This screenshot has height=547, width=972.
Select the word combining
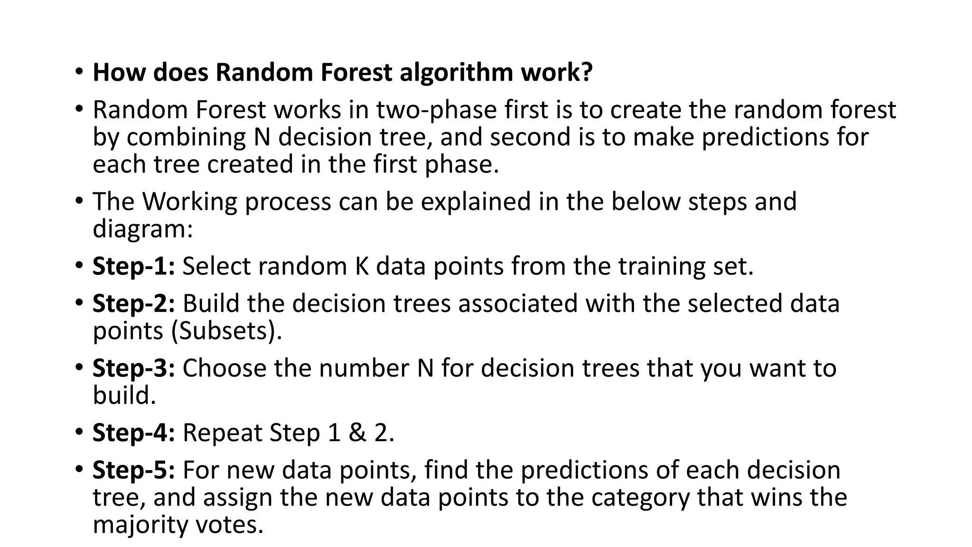[x=186, y=137]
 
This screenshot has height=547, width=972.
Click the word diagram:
[x=143, y=229]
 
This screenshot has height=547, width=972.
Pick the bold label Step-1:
[x=134, y=266]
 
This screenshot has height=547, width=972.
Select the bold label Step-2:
[x=134, y=303]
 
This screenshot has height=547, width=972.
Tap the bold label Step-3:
[x=134, y=368]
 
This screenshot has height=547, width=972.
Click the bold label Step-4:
[x=134, y=433]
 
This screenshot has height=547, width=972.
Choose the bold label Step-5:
[x=134, y=470]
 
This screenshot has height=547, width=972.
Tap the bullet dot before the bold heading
[x=79, y=73]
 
